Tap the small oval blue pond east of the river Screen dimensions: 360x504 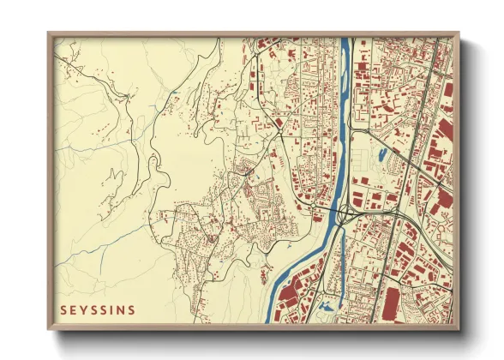[x=381, y=155]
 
